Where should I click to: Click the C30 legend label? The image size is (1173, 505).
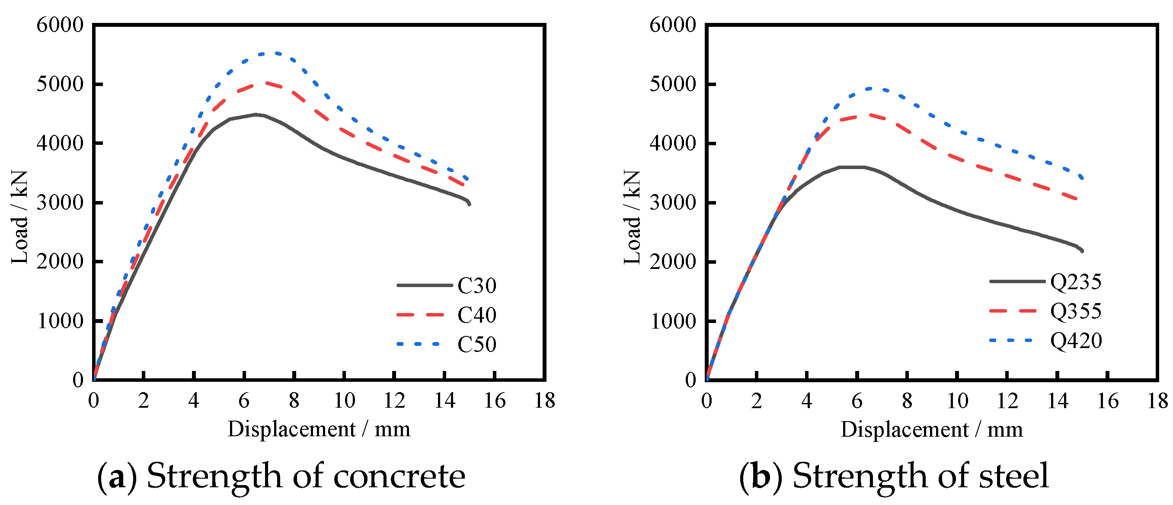[x=476, y=285]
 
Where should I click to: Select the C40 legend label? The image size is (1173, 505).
[x=476, y=315]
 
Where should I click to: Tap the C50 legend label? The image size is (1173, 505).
[x=476, y=345]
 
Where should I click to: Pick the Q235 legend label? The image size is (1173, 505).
[x=1076, y=282]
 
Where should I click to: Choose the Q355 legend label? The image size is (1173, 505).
[x=1076, y=311]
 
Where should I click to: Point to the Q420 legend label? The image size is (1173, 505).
[x=1076, y=341]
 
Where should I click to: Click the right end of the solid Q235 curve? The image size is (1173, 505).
[x=1082, y=251]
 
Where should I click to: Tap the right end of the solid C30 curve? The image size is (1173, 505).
[x=469, y=204]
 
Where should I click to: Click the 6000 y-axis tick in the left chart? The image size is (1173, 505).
[x=60, y=25]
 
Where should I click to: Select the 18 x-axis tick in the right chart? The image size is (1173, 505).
[x=1157, y=401]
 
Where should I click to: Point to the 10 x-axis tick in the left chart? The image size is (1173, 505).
[x=344, y=401]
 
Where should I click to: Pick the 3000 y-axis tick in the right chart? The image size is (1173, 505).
[x=673, y=203]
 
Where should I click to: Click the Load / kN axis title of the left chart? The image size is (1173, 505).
[x=19, y=217]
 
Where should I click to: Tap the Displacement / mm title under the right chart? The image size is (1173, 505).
[x=932, y=429]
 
